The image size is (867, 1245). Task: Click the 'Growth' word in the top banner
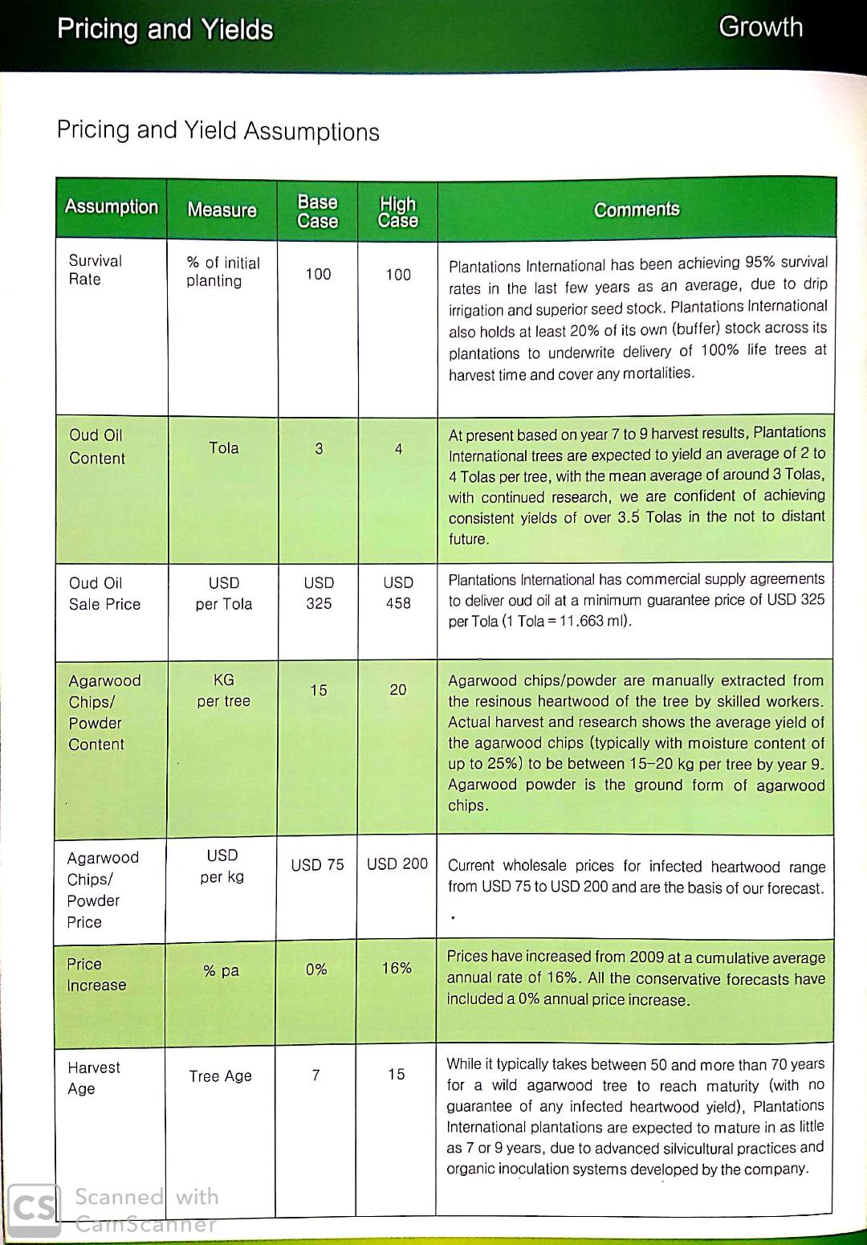pos(760,27)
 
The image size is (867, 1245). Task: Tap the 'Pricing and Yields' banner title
pos(165,30)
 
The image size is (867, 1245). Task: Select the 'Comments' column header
pos(637,210)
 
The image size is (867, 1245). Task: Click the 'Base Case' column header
pos(318,211)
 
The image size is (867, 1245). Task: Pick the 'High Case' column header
pos(397,212)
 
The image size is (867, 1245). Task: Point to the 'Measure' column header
pos(222,210)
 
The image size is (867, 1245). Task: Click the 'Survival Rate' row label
pos(96,270)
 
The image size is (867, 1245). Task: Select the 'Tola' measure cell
pos(224,448)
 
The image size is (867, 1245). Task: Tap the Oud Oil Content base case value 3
pos(319,449)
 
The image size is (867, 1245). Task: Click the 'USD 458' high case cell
pos(398,593)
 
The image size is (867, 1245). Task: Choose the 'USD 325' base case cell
pos(319,593)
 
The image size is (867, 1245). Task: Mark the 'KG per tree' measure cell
pos(223,691)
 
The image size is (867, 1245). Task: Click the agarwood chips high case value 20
pos(398,690)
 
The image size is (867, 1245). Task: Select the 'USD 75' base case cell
pos(317,864)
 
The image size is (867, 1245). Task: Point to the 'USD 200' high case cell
pos(397,864)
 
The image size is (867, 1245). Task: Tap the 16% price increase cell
pos(397,969)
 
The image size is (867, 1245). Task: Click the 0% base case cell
pos(316,969)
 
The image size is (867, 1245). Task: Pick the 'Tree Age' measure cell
pos(221,1076)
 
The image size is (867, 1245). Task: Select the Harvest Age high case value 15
pos(397,1075)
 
